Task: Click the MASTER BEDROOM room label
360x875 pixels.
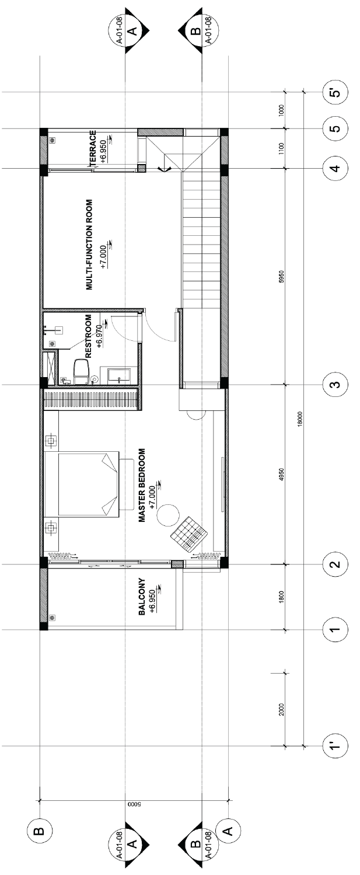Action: coord(142,484)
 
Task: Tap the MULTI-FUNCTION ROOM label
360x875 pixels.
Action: coord(89,245)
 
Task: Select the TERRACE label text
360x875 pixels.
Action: coord(93,149)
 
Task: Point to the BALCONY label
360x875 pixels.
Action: coord(142,597)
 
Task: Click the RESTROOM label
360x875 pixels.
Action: coord(88,336)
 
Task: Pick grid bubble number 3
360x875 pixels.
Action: coord(335,385)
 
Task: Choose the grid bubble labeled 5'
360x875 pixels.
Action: coord(335,93)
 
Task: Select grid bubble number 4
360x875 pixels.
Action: coord(335,168)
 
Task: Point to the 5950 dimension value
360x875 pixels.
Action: coord(282,276)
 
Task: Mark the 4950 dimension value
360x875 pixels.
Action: coord(282,474)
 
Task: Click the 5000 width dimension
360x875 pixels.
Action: coord(134,805)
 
